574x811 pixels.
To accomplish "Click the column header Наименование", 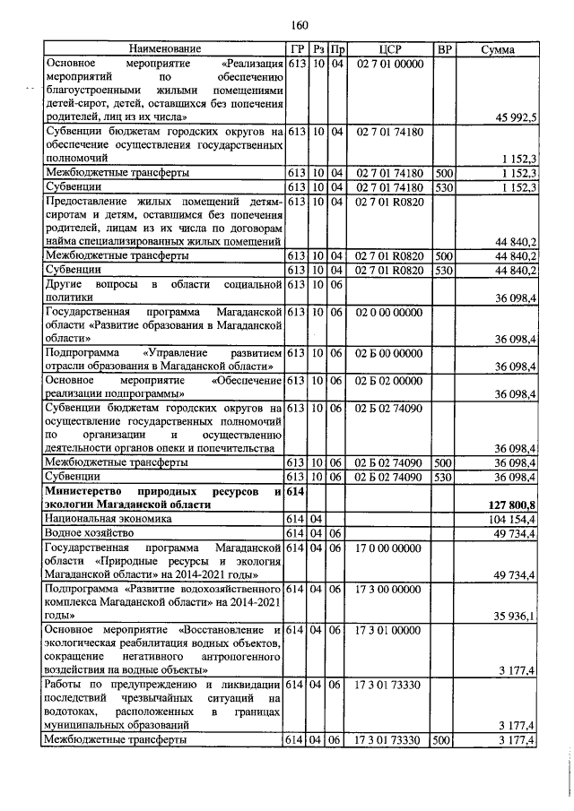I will (164, 48).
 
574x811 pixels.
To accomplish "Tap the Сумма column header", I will (497, 48).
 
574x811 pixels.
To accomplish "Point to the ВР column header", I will (443, 48).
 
